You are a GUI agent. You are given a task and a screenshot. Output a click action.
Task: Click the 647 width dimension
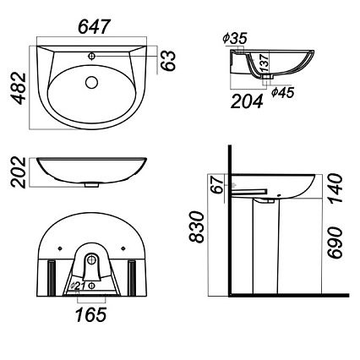(x=93, y=27)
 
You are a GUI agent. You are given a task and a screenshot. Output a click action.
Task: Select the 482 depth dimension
(x=19, y=89)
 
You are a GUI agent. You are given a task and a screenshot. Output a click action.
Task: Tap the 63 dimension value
(x=168, y=61)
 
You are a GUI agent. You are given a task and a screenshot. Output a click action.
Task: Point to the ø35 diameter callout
(x=235, y=38)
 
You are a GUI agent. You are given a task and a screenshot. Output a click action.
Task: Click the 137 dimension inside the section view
(x=265, y=63)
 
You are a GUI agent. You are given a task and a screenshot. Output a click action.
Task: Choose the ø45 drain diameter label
(x=283, y=92)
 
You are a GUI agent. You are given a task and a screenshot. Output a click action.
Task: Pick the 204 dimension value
(x=247, y=101)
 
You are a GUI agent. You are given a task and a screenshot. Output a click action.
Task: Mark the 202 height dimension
(x=19, y=172)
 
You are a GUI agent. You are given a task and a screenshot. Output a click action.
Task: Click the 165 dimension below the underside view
(x=91, y=314)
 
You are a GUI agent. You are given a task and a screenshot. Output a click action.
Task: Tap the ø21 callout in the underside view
(x=78, y=286)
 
